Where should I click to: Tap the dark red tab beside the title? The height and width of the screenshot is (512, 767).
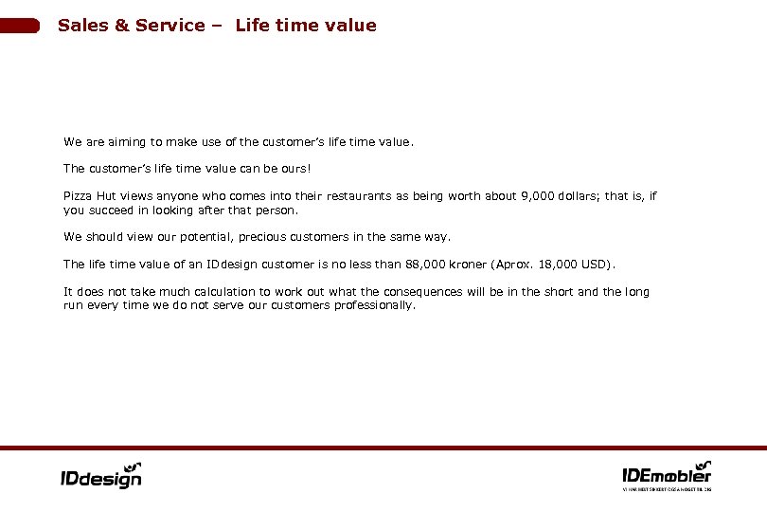(x=20, y=26)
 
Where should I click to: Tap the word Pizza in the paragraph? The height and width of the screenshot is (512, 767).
(x=78, y=196)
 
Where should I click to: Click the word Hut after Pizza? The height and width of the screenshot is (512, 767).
(x=107, y=196)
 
